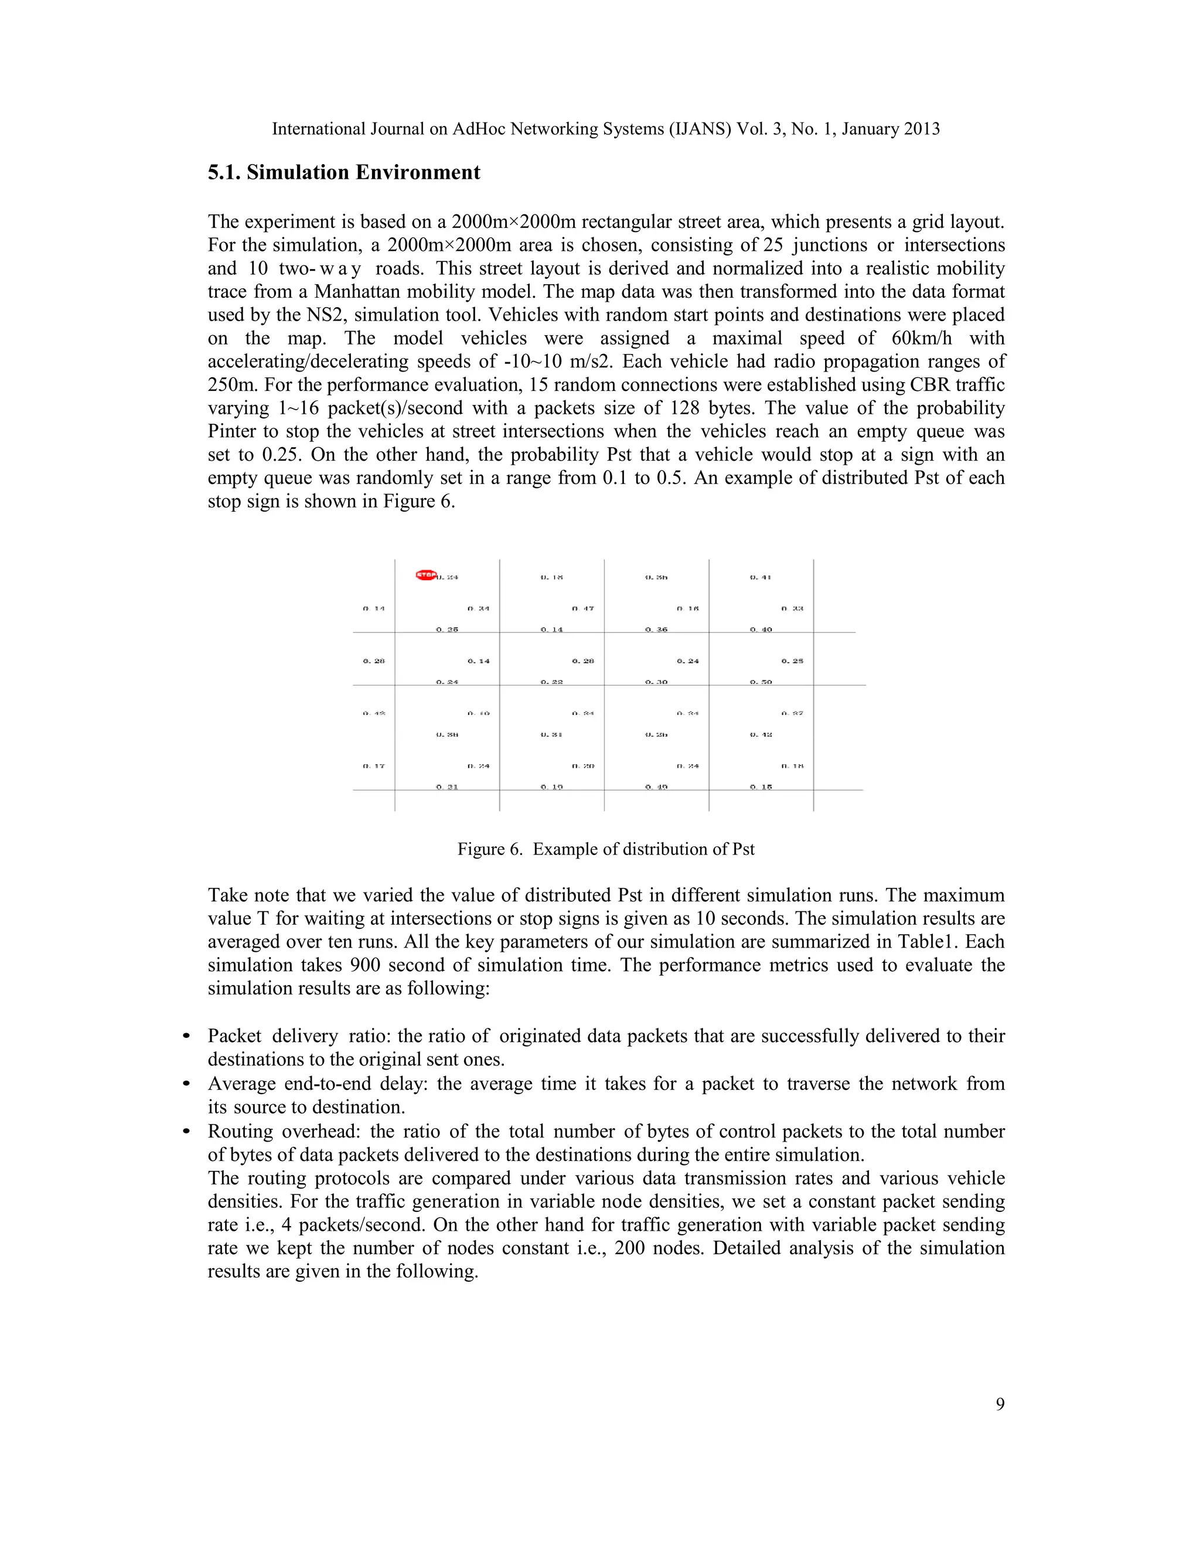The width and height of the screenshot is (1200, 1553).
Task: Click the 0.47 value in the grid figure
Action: [x=583, y=609]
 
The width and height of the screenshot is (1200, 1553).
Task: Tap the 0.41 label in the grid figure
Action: [x=761, y=577]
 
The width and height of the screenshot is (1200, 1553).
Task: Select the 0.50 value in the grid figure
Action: [x=761, y=682]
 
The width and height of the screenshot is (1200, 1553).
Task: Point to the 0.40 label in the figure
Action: [x=761, y=629]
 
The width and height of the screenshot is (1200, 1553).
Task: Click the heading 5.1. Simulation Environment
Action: [x=344, y=173]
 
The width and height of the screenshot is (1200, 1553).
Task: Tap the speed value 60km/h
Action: [x=921, y=339]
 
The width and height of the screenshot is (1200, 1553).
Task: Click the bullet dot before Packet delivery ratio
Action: [x=187, y=1037]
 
